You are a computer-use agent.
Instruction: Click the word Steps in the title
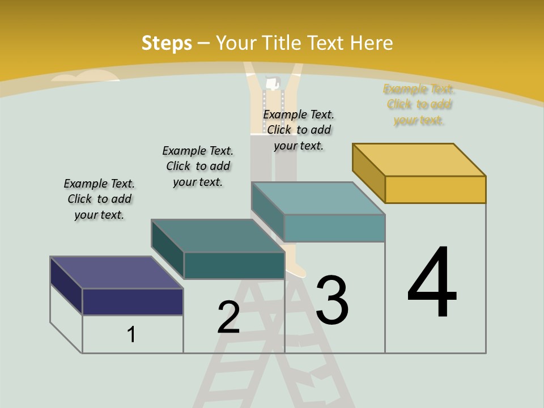tap(167, 44)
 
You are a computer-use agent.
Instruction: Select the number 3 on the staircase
tap(331, 300)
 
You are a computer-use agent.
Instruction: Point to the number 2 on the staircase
tap(228, 317)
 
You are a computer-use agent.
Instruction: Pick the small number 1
tap(131, 334)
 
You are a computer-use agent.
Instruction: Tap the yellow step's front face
tap(435, 189)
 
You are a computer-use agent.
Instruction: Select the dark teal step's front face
tap(234, 265)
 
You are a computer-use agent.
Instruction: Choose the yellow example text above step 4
tap(419, 105)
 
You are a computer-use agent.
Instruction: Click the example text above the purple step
tap(99, 199)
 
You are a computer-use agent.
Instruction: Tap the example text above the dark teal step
tap(198, 166)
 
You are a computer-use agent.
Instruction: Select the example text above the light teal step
tap(299, 130)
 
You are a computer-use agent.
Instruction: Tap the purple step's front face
tap(133, 301)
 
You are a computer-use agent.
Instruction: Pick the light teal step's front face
tap(334, 228)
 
